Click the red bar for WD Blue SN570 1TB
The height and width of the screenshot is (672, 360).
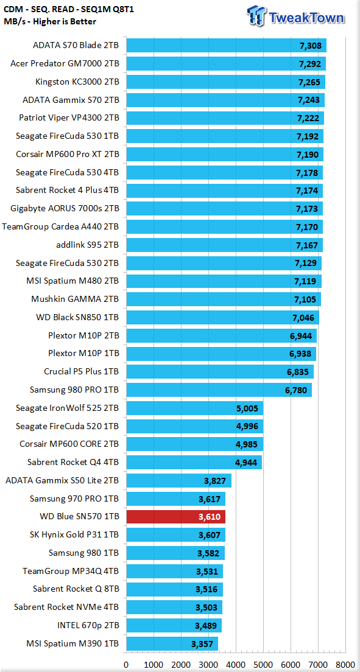(176, 517)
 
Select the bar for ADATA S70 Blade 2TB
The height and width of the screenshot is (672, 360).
(227, 46)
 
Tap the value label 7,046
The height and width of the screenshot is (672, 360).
(303, 318)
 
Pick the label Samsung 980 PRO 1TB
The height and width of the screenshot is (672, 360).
(74, 390)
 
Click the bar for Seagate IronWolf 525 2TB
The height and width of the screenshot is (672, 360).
(195, 408)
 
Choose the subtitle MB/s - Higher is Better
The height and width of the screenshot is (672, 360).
(50, 21)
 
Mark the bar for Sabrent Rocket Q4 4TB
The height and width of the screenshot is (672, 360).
(194, 463)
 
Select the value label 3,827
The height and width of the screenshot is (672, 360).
(215, 481)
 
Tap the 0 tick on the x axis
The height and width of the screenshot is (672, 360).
(126, 664)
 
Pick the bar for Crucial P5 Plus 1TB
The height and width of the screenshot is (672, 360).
(220, 371)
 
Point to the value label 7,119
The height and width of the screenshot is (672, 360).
(306, 281)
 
